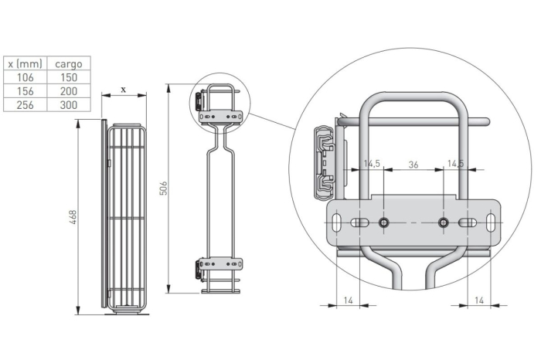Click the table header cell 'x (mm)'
pyautogui.click(x=25, y=63)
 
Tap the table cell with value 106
pyautogui.click(x=25, y=77)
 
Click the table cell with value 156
pyautogui.click(x=25, y=91)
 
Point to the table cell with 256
pyautogui.click(x=25, y=105)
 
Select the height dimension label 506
pyautogui.click(x=163, y=188)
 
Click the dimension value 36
pyautogui.click(x=413, y=165)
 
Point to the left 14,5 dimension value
pyautogui.click(x=372, y=165)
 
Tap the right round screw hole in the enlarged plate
pyautogui.click(x=443, y=222)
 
